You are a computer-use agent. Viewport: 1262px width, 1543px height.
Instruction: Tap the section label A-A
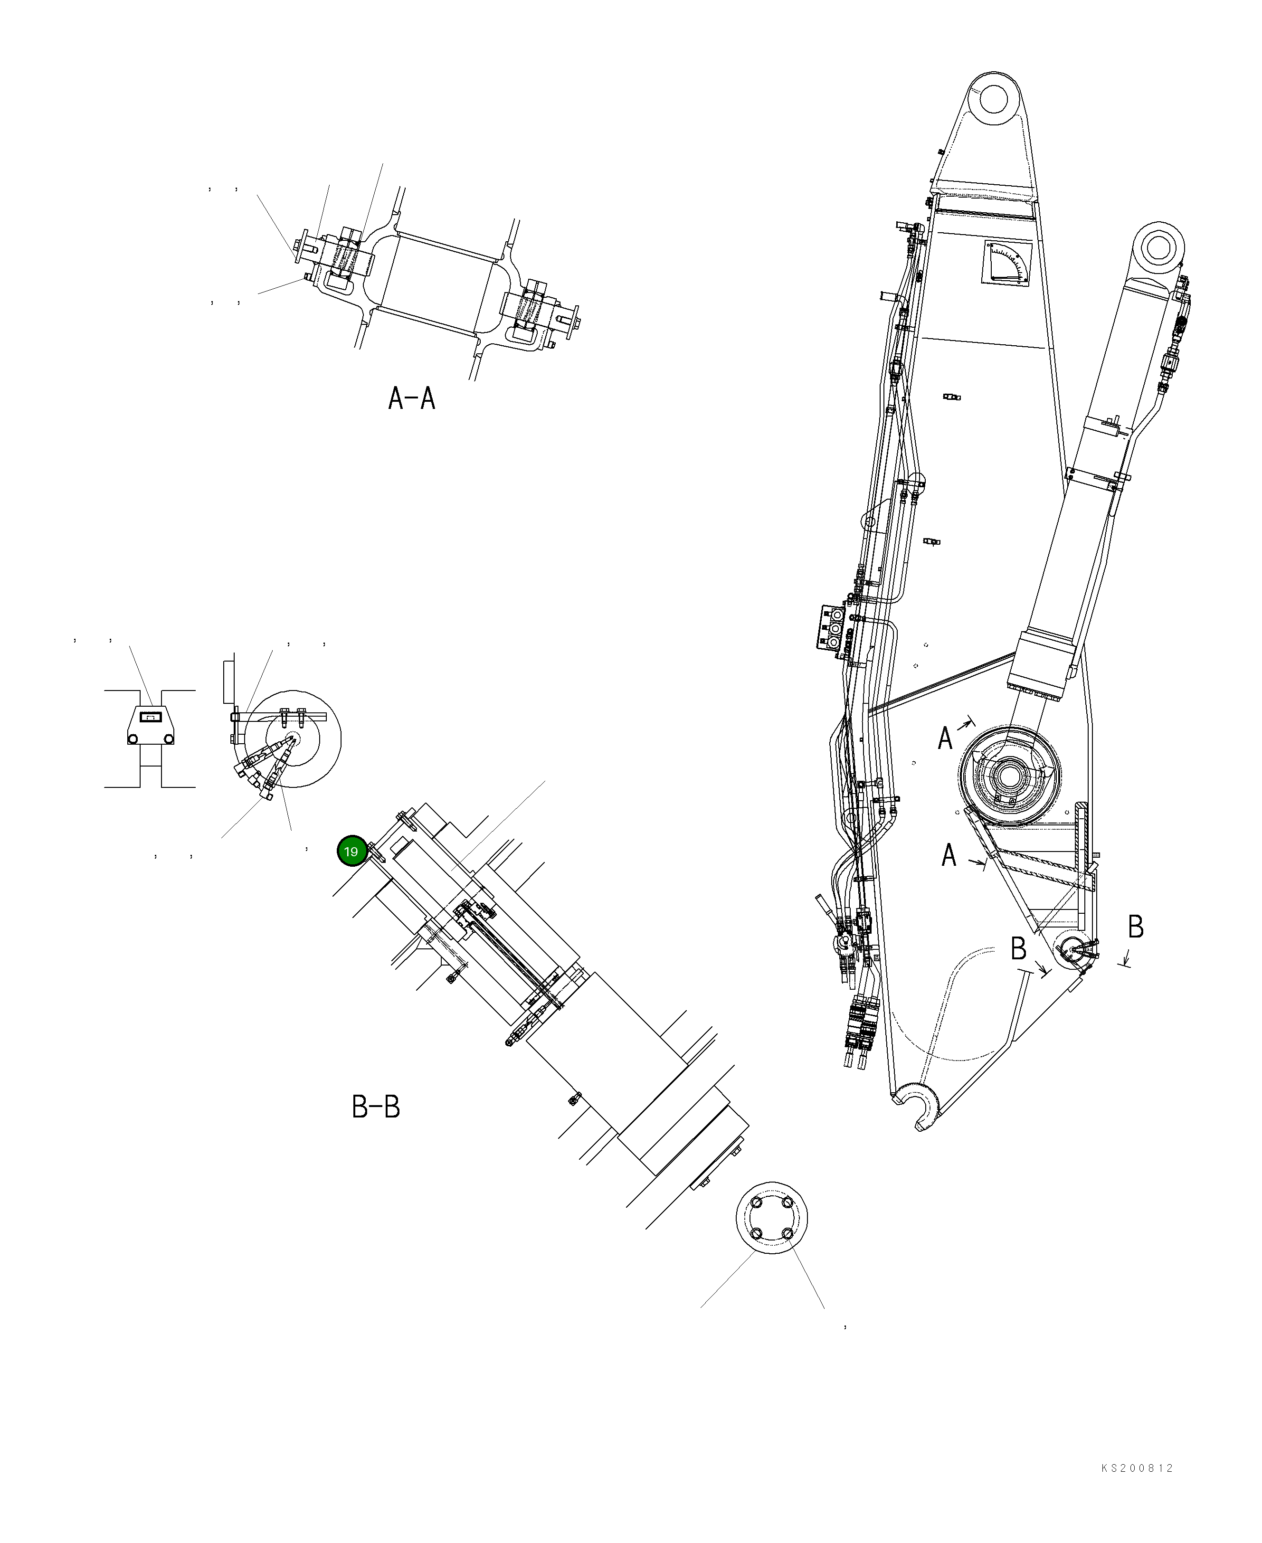pos(411,398)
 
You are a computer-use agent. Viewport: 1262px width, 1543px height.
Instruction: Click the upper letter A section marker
pos(945,738)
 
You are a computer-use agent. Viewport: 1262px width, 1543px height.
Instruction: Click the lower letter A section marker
pos(949,855)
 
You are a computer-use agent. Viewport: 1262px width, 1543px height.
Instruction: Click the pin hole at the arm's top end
pos(994,98)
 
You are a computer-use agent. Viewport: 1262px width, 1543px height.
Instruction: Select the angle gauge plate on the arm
pos(1007,263)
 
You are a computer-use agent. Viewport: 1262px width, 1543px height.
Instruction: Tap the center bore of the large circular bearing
pos(1008,776)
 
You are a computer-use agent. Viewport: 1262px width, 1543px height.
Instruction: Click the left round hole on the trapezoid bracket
pos(133,739)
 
